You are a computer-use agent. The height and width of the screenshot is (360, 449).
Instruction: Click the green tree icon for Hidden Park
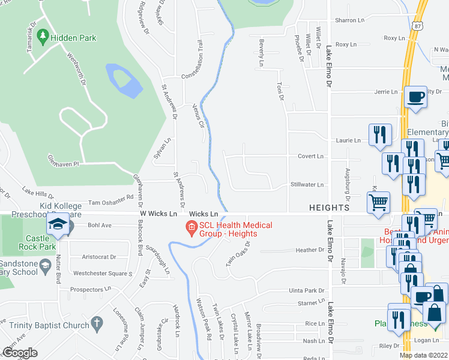[x=43, y=37]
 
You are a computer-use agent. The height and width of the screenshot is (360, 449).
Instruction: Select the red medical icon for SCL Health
[x=191, y=227]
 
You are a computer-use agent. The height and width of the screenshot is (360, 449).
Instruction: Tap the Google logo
[x=20, y=352]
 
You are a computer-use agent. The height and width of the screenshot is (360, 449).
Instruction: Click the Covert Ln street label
[x=310, y=156]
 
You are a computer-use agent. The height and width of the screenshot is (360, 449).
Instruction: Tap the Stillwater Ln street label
[x=307, y=185]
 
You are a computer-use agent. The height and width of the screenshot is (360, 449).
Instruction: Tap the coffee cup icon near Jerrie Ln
[x=415, y=97]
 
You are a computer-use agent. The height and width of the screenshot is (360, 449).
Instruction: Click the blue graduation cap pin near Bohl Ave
[x=58, y=224]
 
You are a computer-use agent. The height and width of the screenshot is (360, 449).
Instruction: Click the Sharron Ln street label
[x=349, y=20]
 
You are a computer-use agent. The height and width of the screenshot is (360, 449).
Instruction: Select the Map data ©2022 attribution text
[x=424, y=355]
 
